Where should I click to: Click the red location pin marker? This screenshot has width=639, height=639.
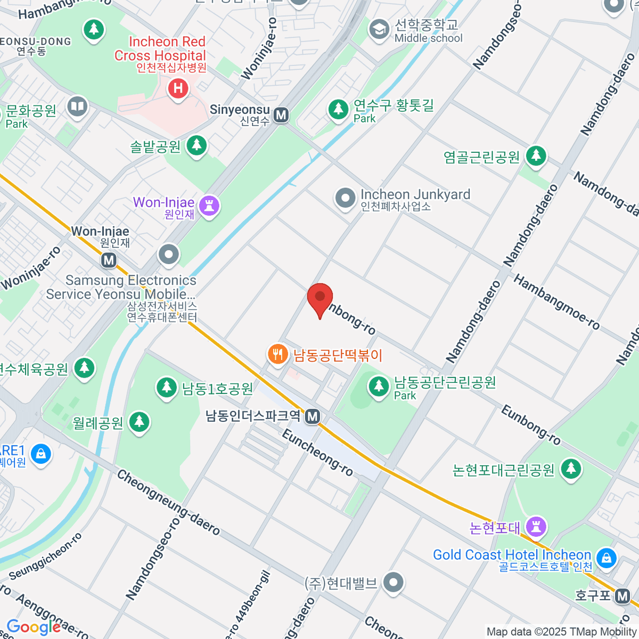[320, 299]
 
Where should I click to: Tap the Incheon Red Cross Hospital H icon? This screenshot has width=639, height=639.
[178, 88]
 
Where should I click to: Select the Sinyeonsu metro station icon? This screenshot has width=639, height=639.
[281, 114]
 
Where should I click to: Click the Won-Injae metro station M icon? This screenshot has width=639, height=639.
[109, 260]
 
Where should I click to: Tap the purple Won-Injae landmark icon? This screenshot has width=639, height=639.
[209, 206]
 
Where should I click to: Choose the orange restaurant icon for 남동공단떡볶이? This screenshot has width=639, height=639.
[277, 354]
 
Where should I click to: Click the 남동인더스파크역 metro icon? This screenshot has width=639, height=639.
[313, 416]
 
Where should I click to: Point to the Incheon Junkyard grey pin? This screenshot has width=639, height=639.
[345, 198]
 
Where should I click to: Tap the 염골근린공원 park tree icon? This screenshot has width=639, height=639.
[536, 156]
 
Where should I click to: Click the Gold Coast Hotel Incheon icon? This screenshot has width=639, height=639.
[606, 558]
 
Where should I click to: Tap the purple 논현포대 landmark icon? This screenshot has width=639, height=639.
[536, 527]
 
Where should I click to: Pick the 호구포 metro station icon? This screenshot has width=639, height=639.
[622, 596]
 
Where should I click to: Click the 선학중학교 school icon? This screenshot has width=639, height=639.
[379, 29]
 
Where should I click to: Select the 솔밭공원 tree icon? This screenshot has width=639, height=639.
[196, 145]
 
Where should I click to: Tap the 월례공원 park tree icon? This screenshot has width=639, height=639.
[139, 423]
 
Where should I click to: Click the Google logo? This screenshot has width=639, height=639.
[33, 627]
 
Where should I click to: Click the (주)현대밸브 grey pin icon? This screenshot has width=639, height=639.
[394, 582]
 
